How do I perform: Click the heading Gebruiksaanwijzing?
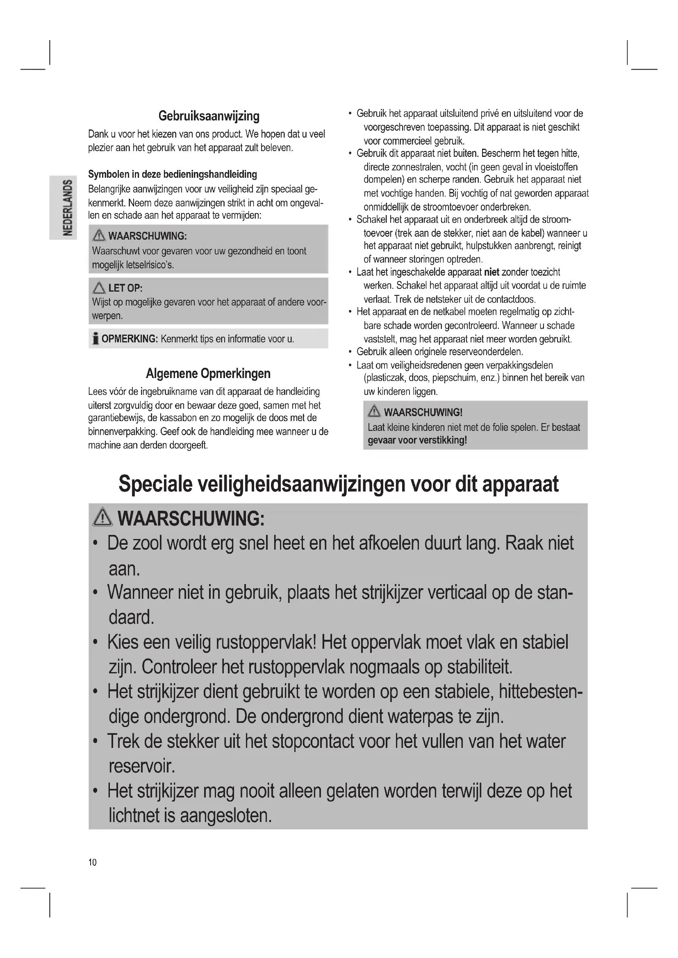coord(209,116)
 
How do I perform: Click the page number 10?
coord(92,862)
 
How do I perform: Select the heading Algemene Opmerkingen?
coord(208,373)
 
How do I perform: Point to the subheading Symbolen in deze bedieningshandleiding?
coord(173,174)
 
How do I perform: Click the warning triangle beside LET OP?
coord(99,288)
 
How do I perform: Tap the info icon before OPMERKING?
coord(95,339)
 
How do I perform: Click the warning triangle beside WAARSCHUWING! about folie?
coord(374,412)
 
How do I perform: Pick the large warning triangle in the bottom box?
coord(103,518)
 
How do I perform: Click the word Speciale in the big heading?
coord(155,484)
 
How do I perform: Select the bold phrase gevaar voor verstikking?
coord(417,440)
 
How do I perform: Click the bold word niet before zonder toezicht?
coord(492,272)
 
